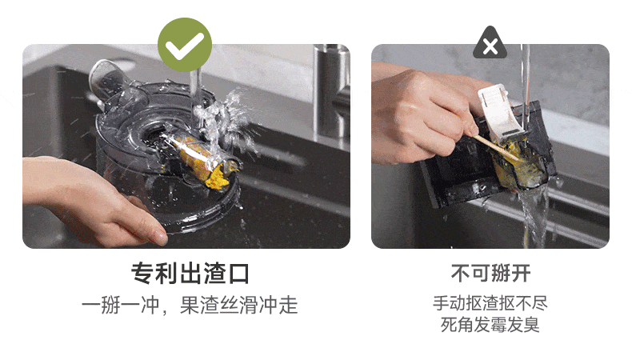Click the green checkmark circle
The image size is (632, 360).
point(185,45)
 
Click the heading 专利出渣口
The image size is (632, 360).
point(190,274)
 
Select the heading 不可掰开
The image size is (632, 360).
point(490,274)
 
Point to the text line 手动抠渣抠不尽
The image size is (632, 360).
point(490,303)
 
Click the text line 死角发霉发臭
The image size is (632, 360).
point(490,325)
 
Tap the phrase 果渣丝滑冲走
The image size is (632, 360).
point(238,305)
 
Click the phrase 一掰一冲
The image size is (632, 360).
point(121,305)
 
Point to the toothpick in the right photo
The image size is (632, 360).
point(496,147)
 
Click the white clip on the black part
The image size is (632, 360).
point(498,112)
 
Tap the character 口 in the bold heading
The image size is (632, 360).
point(239,274)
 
